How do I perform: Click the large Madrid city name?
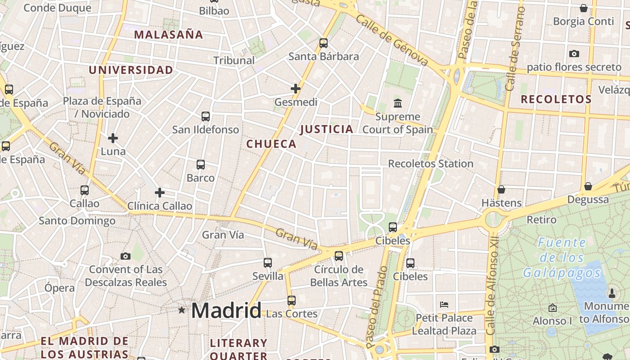[x=226, y=310]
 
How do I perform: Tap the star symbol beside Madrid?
[x=182, y=310]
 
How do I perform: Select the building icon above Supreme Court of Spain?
[x=398, y=103]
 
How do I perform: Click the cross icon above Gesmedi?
[x=296, y=89]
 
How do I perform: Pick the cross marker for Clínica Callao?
[x=159, y=193]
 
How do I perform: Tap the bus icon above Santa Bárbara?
[x=324, y=43]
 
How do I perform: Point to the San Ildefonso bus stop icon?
[x=206, y=117]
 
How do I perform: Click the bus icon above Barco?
[x=201, y=165]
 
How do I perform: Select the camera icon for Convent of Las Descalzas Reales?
[x=126, y=256]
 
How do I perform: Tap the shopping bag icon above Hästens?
[x=501, y=189]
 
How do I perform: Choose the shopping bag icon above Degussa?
[x=588, y=186]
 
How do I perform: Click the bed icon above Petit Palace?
[x=444, y=305]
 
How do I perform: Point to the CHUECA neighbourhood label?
[x=271, y=144]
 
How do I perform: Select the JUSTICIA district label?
[x=327, y=130]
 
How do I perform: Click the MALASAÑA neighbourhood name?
[x=169, y=35]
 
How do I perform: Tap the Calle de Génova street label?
[x=391, y=40]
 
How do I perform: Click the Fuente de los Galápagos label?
[x=562, y=258]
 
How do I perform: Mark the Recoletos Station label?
[x=431, y=164]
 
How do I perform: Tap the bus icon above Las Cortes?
[x=292, y=300]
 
